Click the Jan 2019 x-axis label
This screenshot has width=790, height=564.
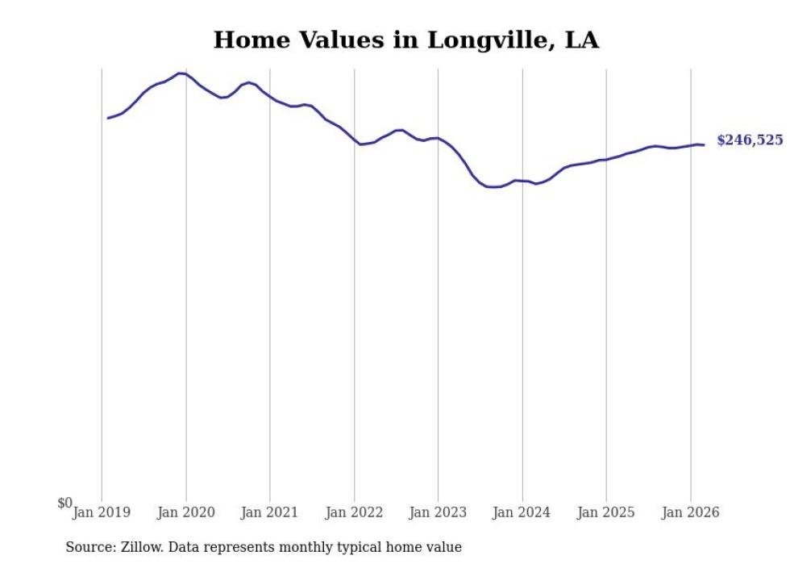pos(102,512)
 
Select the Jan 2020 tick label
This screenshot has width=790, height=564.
pos(186,512)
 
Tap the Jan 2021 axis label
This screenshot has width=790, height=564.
pos(270,512)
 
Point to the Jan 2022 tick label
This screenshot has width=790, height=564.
pos(354,512)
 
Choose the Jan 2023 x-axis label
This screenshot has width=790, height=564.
pos(438,512)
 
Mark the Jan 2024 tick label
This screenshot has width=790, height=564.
pos(522,512)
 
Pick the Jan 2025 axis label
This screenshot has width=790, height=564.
pos(606,512)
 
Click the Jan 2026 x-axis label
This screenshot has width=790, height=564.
pos(690,512)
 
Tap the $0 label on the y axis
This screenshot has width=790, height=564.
pos(64,503)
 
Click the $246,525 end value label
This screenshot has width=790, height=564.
pos(750,140)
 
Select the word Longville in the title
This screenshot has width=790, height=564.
pos(486,40)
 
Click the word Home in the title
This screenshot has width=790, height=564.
pos(247,40)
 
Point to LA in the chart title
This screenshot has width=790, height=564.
pos(581,40)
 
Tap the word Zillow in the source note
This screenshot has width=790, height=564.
pos(139,547)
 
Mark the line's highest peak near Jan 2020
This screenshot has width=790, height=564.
pos(181,73)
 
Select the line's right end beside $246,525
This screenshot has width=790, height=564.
pos(704,145)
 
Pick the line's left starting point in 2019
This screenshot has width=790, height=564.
pos(108,118)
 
